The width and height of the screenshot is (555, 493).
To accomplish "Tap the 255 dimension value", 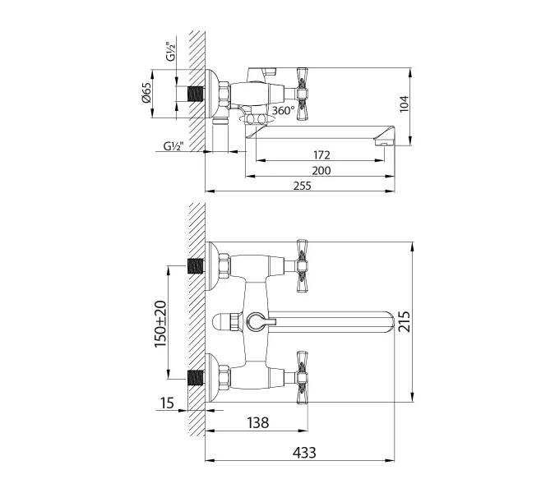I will pos(301,187).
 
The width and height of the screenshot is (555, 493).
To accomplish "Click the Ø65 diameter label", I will pos(146,92).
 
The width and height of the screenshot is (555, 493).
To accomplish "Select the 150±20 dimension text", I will pos(160,323).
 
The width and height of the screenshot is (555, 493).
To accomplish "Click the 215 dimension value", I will pos(425,322).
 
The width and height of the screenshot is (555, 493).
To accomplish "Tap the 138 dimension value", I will pos(257,423).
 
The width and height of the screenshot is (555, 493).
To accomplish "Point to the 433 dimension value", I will pos(301,453).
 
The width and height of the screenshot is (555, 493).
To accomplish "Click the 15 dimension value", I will pos(169,403).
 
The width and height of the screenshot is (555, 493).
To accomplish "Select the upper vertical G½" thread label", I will pos(170,52).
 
